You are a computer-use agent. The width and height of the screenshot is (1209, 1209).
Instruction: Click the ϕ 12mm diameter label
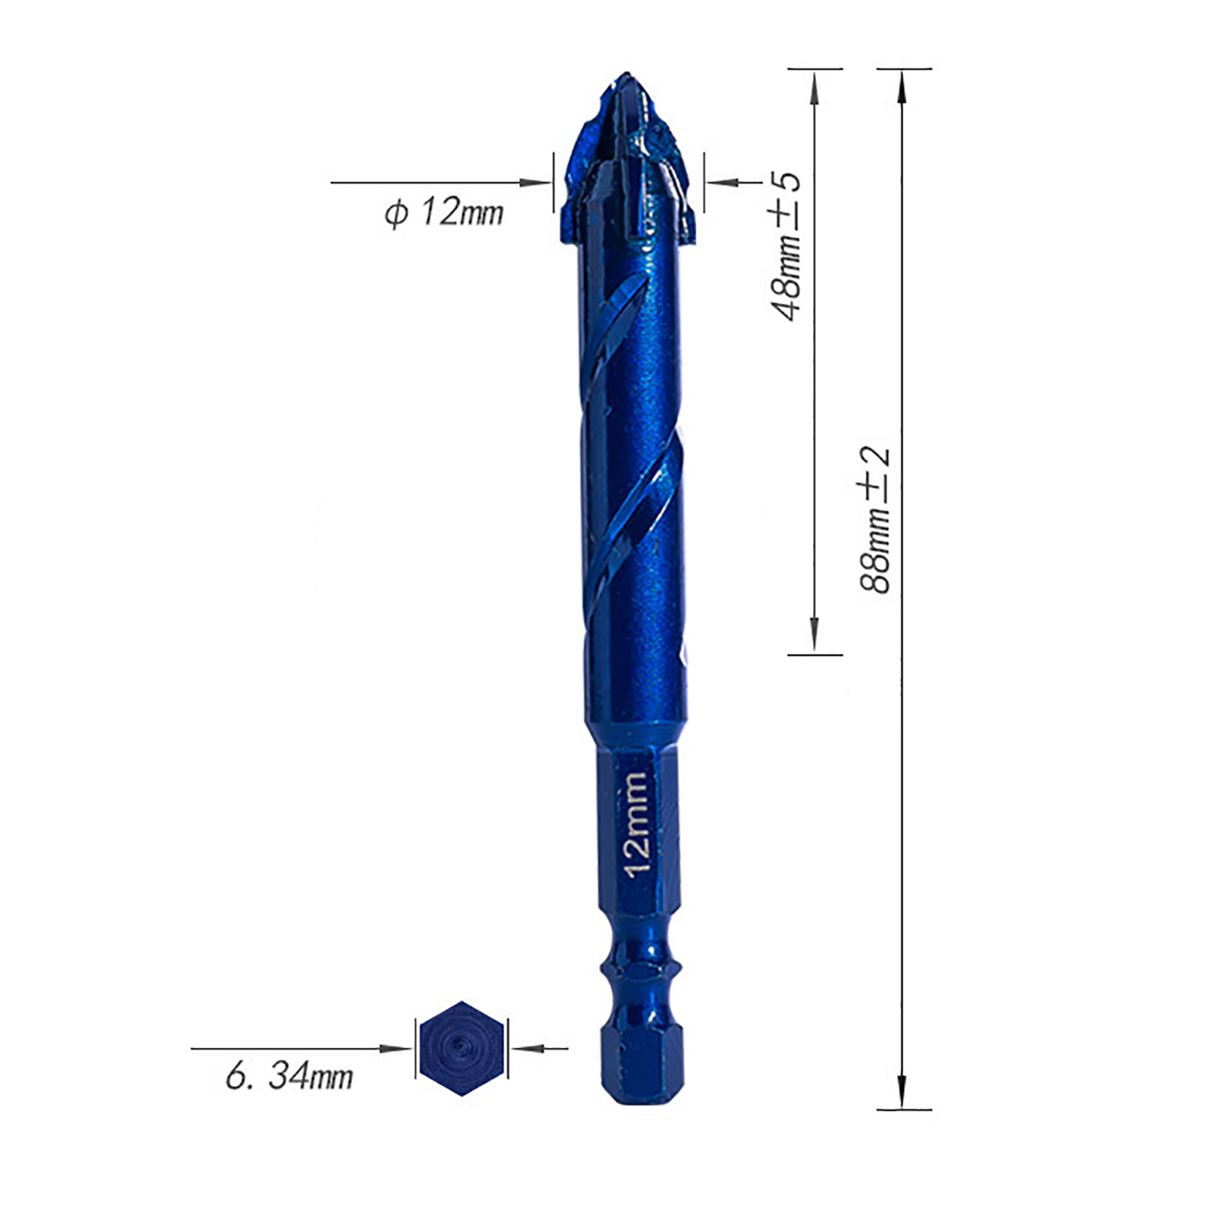(444, 212)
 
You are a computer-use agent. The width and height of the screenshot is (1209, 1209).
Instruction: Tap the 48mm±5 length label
(786, 246)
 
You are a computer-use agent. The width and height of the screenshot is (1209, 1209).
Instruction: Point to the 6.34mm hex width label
(289, 1075)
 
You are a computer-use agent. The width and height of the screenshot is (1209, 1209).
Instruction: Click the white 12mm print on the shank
(636, 824)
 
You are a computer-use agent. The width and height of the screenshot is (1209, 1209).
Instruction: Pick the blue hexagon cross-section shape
(462, 1048)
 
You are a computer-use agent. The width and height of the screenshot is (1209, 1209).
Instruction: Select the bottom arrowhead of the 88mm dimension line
(901, 1092)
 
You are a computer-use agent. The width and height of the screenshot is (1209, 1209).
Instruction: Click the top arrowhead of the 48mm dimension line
(814, 87)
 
